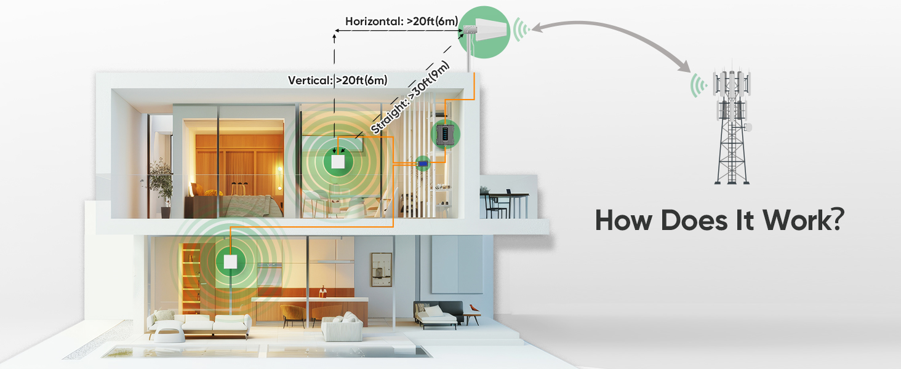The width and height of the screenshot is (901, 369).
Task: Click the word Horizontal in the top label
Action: [x=374, y=21]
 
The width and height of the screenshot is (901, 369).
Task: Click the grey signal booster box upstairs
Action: [x=444, y=133]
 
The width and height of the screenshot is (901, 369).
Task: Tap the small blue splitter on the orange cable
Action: [x=422, y=163]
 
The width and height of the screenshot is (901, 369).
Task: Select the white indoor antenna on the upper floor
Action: [x=337, y=162]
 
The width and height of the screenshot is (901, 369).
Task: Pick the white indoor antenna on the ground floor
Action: [x=230, y=261]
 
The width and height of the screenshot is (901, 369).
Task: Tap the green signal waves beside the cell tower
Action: [x=697, y=85]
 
